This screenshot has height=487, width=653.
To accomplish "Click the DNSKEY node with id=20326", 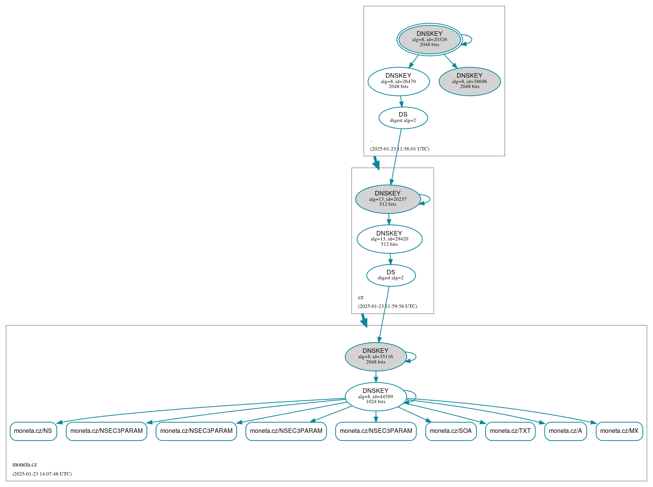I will (429, 39).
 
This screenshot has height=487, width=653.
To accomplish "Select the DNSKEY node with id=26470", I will (398, 81).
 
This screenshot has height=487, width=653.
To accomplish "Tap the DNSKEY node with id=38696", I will (470, 81).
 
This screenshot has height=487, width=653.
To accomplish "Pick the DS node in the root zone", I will (403, 118).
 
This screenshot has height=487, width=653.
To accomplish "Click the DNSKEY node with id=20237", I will (388, 199).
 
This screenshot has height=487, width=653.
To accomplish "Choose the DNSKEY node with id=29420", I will (389, 239).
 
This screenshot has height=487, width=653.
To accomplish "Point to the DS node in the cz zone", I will (391, 275).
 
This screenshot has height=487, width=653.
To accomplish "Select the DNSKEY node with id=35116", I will (376, 357).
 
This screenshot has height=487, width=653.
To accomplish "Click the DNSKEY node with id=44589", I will (376, 396).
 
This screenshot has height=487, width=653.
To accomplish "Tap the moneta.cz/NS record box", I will (33, 431).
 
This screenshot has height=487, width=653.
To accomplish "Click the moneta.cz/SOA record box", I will (451, 431).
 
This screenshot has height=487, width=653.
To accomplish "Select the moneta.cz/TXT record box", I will (510, 431).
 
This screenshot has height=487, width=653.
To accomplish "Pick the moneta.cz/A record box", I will (565, 431).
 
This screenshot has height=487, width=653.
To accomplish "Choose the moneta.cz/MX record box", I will (619, 431).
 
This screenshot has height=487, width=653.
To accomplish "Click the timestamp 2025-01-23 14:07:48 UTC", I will (42, 474).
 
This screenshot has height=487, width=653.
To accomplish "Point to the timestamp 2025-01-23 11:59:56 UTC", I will (387, 306).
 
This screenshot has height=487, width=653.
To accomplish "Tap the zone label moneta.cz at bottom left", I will (25, 465).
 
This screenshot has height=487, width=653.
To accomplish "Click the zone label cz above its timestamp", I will (361, 297).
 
